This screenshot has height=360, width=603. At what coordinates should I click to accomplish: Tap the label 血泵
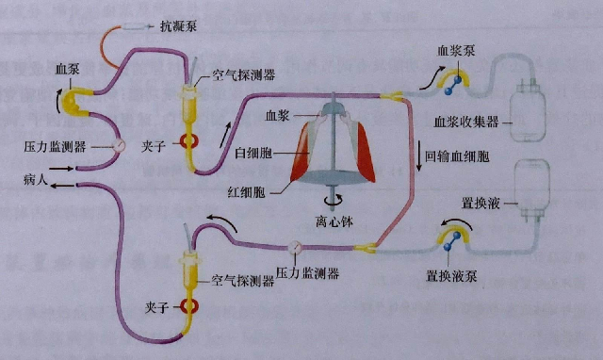(67, 69)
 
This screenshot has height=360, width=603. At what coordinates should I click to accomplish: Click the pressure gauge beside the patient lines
(121, 146)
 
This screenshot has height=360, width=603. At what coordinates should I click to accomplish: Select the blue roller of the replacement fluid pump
(454, 243)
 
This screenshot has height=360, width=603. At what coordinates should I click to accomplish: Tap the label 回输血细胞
(457, 155)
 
